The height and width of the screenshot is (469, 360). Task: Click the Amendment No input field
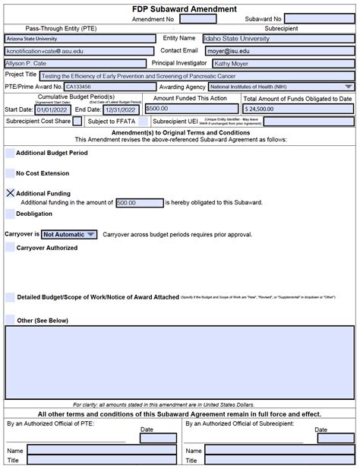[198, 18]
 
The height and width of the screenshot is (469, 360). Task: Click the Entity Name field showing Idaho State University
[278, 38]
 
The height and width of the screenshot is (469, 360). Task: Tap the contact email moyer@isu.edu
[278, 51]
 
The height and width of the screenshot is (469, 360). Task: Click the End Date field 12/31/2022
[122, 109]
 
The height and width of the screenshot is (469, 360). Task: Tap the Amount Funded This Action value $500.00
[190, 109]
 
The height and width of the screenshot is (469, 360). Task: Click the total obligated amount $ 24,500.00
[298, 109]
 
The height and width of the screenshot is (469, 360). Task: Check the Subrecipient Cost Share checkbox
[77, 122]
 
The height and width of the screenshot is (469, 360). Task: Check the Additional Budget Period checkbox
[10, 153]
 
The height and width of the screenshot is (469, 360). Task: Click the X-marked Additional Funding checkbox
[10, 193]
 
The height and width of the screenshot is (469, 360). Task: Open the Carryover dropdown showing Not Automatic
[69, 235]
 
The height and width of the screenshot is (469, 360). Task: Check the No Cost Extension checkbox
[10, 173]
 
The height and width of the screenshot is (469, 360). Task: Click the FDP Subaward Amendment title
[180, 6]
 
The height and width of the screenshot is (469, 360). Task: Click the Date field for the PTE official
[158, 438]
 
